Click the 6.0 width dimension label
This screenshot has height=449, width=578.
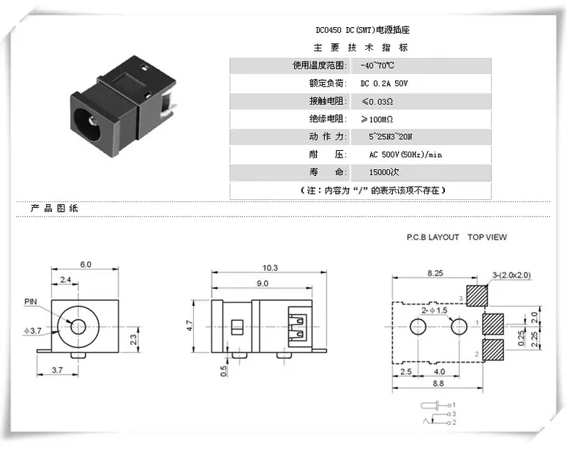(86, 264)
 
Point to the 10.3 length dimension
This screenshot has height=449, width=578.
(270, 268)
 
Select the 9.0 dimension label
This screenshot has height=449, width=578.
(263, 283)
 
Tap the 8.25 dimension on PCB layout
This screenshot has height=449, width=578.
(435, 273)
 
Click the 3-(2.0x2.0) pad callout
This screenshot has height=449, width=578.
(511, 275)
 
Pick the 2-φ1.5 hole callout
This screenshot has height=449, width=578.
(435, 311)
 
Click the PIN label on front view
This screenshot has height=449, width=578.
(31, 302)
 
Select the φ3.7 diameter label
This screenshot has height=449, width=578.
(33, 330)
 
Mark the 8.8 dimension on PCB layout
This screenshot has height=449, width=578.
(438, 383)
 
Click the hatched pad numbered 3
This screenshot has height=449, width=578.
(477, 296)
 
